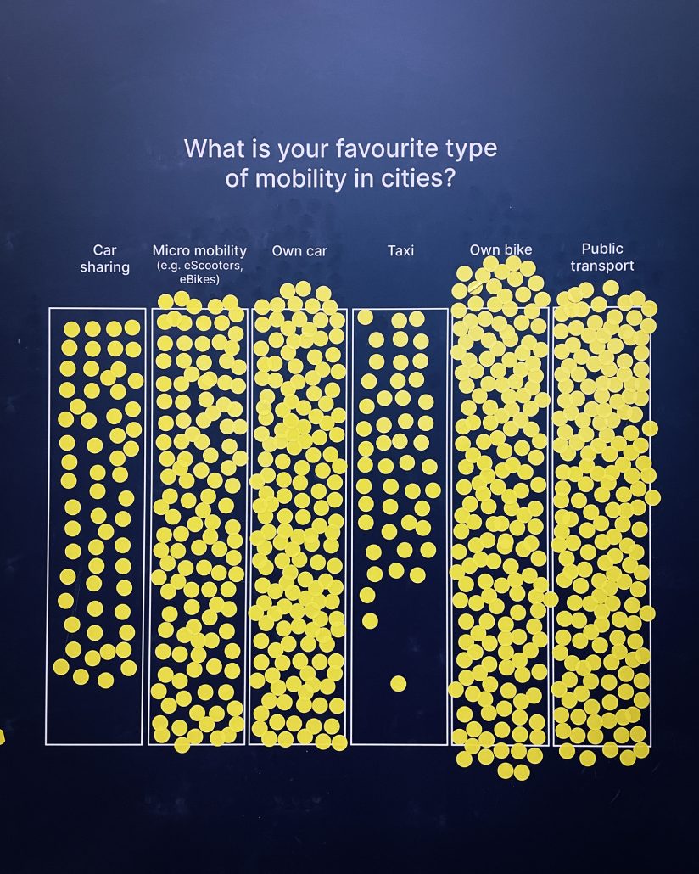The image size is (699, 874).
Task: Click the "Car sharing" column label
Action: (104, 259)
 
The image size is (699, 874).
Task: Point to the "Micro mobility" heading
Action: (199, 250)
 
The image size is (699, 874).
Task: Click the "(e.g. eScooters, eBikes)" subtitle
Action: (199, 272)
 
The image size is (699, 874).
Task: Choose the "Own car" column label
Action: (299, 251)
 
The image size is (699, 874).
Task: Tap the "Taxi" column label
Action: (400, 251)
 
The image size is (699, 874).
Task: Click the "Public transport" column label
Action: (602, 257)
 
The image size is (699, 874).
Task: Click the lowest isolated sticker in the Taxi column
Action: (398, 683)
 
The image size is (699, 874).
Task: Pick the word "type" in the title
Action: (470, 150)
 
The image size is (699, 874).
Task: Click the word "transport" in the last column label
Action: (602, 266)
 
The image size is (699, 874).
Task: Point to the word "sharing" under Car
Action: (104, 268)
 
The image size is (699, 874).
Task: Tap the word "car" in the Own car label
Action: (315, 251)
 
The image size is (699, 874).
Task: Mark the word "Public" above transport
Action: (602, 249)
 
